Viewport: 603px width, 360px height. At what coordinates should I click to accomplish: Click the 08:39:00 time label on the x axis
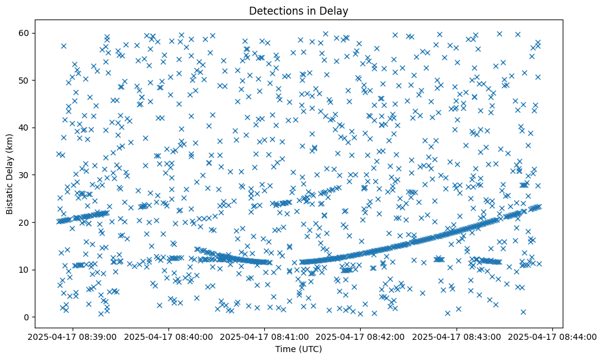tap(73, 337)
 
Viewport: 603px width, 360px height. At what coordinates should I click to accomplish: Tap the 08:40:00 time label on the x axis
tap(169, 337)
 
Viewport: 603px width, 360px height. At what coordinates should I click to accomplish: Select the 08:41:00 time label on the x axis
tap(265, 337)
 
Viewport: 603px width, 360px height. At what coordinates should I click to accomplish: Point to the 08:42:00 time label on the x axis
tap(361, 337)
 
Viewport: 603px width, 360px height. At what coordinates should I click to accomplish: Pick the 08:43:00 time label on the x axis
tap(457, 337)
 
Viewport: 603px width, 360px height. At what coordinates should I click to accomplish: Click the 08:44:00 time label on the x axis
tap(553, 337)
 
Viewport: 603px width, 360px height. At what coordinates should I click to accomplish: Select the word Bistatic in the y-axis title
tap(10, 195)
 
